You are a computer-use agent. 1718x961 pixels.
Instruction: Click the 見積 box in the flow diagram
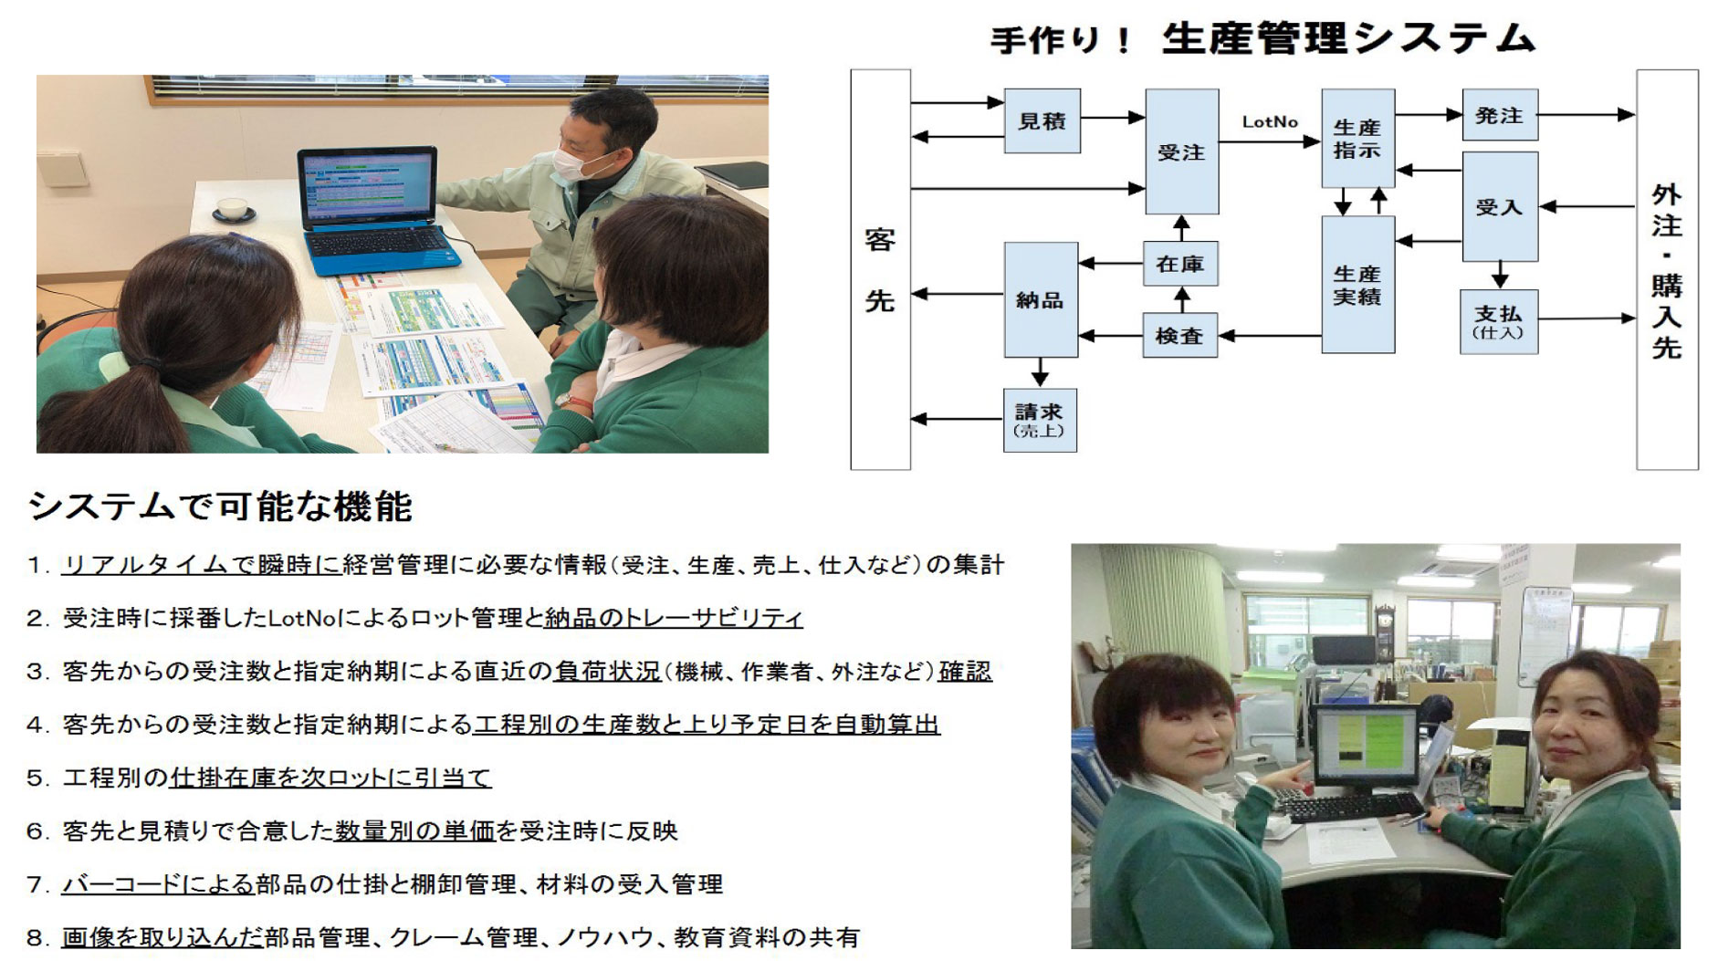click(1042, 120)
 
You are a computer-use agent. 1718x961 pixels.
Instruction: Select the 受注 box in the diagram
click(1181, 151)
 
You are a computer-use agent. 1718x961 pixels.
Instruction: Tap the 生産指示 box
click(1357, 138)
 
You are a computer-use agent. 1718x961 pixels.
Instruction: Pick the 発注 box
click(1500, 115)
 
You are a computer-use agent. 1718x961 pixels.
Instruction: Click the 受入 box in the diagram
click(1500, 207)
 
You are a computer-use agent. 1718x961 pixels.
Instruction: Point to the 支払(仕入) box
click(1499, 321)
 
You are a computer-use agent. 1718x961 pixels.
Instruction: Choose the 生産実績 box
click(1357, 285)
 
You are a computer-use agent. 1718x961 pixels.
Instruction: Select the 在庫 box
click(1180, 264)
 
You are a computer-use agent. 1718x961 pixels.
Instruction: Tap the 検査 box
click(1180, 336)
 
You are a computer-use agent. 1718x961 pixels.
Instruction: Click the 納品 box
click(1041, 299)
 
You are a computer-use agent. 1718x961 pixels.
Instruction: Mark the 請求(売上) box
click(1040, 421)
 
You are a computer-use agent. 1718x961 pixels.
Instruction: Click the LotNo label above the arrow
click(1270, 121)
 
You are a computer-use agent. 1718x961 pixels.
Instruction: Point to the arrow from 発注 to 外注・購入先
click(1587, 115)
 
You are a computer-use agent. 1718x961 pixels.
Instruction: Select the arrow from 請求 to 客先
click(958, 419)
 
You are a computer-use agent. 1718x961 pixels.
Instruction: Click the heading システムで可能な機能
click(220, 507)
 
